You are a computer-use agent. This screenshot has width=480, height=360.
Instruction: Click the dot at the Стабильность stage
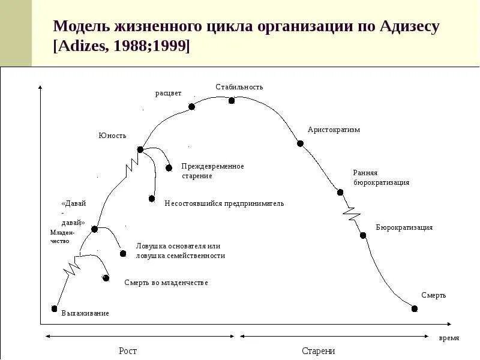(232, 100)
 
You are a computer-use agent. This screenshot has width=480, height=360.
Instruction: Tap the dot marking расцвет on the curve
(191, 107)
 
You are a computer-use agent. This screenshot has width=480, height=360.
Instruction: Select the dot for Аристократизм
(300, 143)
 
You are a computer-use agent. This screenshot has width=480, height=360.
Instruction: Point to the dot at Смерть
(415, 308)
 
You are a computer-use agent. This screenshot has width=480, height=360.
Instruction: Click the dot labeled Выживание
(55, 308)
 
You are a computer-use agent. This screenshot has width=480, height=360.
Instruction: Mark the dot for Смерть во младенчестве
(106, 278)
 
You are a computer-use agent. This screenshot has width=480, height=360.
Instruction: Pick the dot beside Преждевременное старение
(169, 167)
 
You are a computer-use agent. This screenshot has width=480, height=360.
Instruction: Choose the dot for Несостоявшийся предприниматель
(151, 198)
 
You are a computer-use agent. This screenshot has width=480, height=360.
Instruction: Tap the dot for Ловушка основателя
(123, 253)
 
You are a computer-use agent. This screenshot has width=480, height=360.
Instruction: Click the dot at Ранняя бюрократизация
(340, 192)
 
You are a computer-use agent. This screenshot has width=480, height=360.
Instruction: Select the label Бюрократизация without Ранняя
(404, 227)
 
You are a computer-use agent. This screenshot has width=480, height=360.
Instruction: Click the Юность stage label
(112, 135)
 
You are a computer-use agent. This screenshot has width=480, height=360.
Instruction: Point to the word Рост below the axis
(127, 350)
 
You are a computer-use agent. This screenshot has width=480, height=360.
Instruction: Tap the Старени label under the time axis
(318, 350)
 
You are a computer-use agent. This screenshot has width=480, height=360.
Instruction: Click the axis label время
(449, 338)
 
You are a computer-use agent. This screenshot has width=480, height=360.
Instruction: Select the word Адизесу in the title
(410, 27)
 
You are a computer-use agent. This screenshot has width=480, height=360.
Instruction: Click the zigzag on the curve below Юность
(130, 166)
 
